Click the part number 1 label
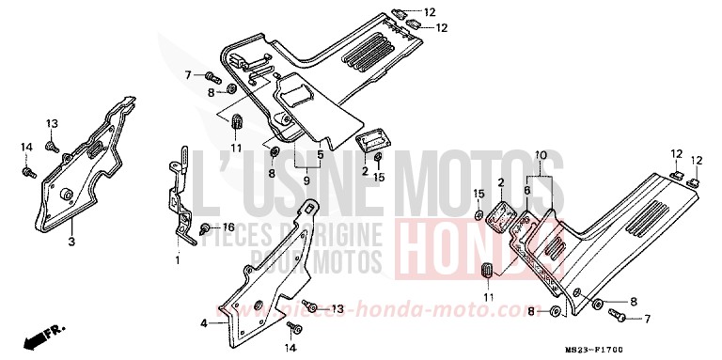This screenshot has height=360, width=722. pos(176,258)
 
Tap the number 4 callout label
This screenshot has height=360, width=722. pos(203,323)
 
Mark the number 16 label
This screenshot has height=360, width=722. pos(227,227)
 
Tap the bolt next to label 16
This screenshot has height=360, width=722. pos(205,228)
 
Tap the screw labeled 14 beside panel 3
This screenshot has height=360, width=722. pos(29,172)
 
